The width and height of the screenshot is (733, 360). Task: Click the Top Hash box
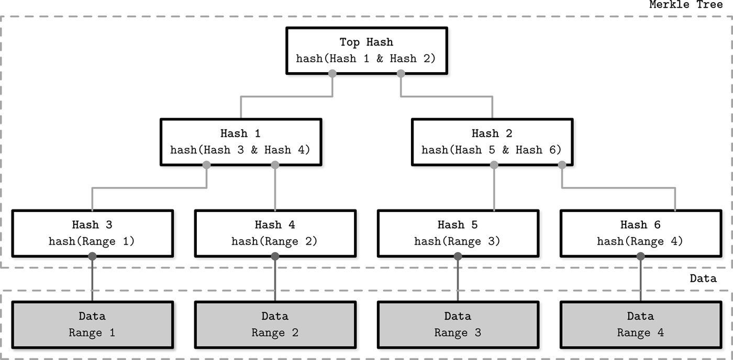pos(366,51)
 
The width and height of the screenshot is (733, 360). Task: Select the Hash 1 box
pos(241,142)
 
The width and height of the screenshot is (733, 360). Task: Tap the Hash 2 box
pos(492,142)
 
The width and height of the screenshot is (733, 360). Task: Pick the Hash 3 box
pos(93,233)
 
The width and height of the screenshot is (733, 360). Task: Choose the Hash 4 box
pos(275,233)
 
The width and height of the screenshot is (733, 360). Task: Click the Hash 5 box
pos(458,233)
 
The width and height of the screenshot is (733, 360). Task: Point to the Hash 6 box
pos(641,233)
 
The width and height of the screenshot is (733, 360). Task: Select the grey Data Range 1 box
pos(93,325)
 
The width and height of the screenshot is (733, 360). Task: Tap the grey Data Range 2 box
pos(275,325)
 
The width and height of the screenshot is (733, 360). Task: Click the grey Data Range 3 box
pos(458,325)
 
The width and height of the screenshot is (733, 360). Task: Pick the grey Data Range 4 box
pos(641,325)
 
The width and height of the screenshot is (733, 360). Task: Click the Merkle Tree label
pos(686,5)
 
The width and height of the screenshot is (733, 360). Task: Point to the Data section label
pos(703,278)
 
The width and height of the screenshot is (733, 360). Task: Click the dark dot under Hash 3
pos(92,256)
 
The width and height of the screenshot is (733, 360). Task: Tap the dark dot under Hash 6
pos(640,256)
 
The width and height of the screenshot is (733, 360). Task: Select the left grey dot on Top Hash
pos(332,73)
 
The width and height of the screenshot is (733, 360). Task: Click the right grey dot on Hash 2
pos(562,165)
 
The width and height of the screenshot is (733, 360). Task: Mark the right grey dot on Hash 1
pos(275,165)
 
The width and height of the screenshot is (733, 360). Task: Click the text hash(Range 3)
pos(457,241)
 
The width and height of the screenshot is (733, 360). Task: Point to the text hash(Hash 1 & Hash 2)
pos(366,59)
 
